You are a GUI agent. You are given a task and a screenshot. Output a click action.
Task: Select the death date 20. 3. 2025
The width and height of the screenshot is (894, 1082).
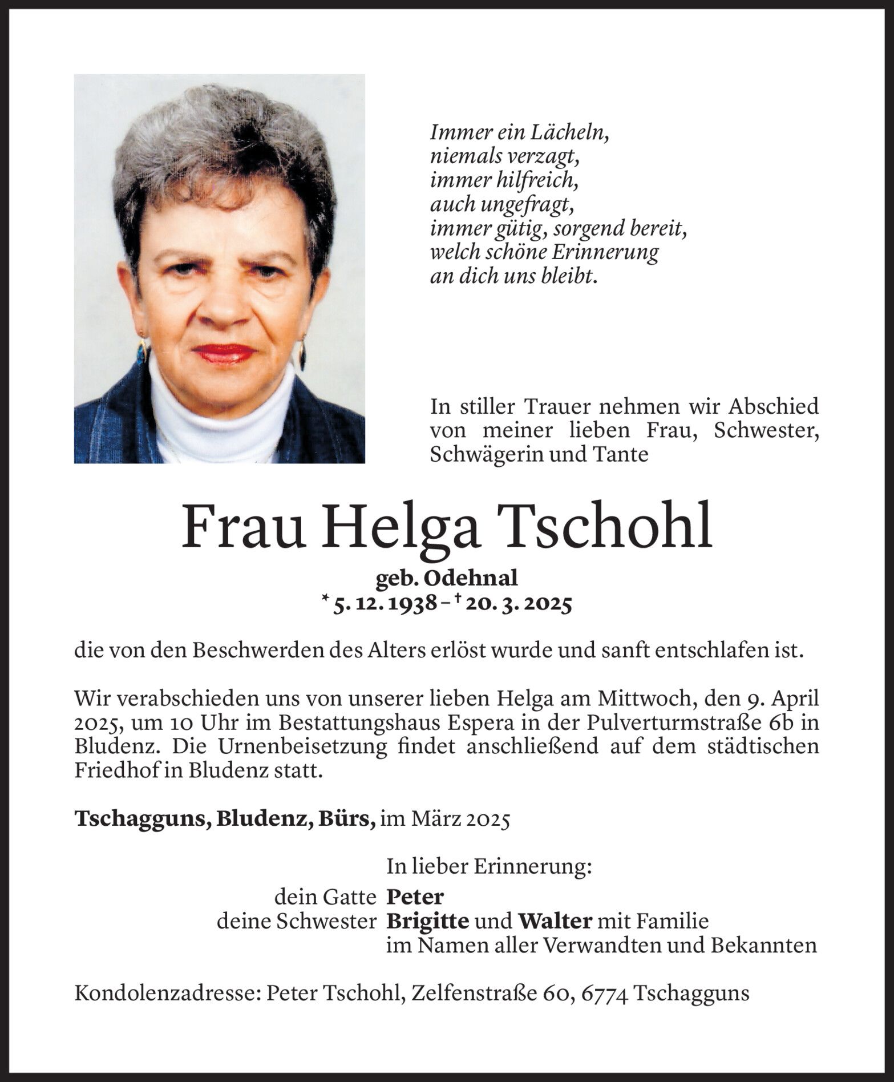pos(518,604)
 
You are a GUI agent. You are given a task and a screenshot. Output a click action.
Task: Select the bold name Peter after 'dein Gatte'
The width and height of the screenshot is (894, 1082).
pos(415,897)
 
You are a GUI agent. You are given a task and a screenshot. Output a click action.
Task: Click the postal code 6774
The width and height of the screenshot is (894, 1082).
pos(605,994)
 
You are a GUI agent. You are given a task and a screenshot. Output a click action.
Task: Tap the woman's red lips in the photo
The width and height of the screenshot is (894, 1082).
pos(224,353)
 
